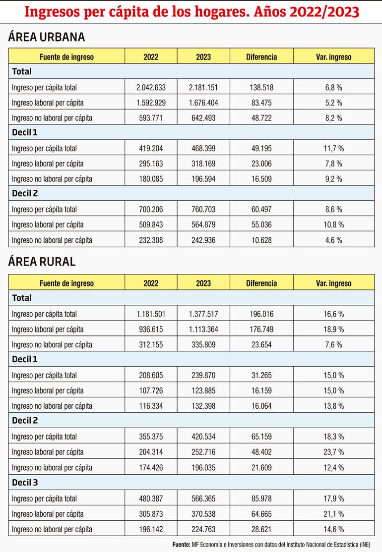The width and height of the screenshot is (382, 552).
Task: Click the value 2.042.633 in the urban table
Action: point(151,87)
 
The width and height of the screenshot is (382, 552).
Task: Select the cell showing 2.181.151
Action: point(203,87)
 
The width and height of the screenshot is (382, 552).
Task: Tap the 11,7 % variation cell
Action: point(333,148)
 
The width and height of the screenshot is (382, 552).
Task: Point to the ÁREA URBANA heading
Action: point(40,37)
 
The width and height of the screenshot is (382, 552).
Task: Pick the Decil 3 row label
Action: point(25,482)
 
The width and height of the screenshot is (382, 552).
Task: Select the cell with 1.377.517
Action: point(203,314)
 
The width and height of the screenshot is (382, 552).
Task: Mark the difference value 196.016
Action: point(261,314)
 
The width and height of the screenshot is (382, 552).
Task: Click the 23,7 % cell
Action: point(333,452)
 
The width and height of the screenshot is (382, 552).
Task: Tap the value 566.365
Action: point(203,498)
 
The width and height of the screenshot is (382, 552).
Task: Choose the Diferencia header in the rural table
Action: point(261,283)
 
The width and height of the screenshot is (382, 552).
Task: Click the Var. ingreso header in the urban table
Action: point(333,57)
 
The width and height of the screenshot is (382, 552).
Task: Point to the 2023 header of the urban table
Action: point(203,57)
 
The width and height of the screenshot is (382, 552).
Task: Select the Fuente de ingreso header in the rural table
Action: point(66,283)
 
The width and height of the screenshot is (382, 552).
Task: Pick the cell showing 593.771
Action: point(151,118)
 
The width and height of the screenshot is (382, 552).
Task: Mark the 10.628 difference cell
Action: point(261,240)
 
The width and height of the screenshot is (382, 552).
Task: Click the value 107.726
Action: point(151,390)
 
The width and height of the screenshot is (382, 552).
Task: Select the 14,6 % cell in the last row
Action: point(333,528)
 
